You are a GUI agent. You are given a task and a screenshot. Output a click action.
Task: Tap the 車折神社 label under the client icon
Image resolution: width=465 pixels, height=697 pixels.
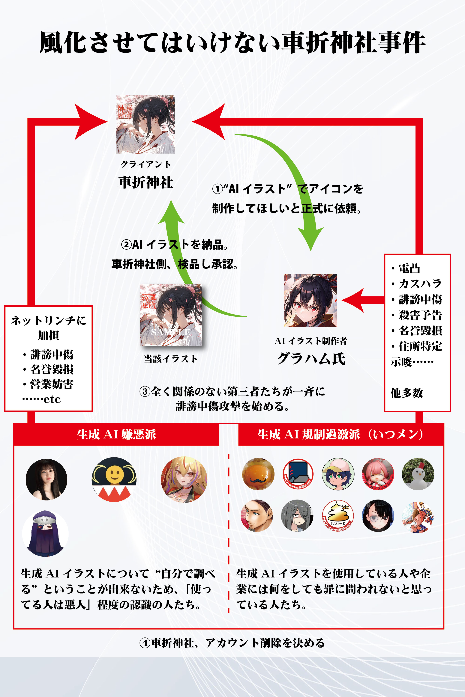coord(146,182)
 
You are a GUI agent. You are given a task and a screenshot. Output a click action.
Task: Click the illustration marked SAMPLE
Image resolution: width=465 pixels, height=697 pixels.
coord(171,315)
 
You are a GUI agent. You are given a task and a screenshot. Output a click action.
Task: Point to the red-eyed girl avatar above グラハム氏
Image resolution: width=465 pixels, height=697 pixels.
coord(310,300)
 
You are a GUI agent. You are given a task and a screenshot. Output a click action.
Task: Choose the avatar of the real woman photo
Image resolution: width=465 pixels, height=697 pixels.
coord(46,479)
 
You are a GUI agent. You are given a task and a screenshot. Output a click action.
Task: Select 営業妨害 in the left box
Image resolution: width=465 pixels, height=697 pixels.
coord(52,384)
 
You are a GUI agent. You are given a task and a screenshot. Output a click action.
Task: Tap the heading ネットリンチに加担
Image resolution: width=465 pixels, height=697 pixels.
coord(48,328)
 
